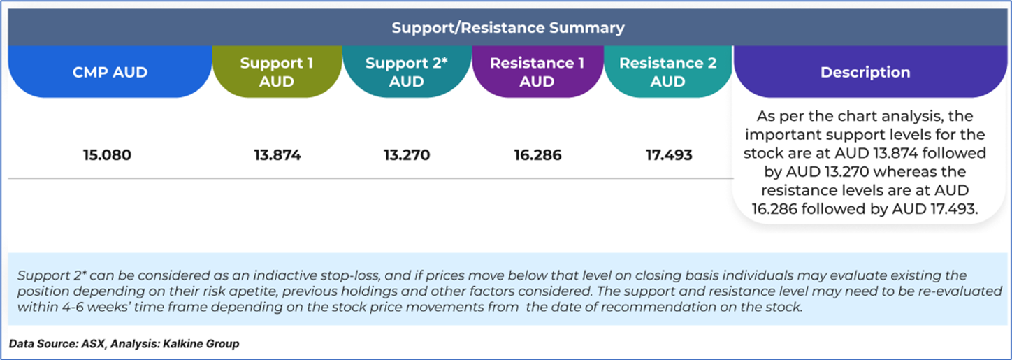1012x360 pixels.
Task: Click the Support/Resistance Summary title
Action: coord(508,27)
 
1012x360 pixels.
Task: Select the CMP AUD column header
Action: coord(110,72)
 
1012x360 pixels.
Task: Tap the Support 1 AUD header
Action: coord(277,72)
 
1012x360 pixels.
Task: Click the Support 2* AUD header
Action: coord(407,72)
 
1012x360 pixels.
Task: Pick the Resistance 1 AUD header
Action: coord(537,72)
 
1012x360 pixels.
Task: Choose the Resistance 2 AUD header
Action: coord(667,72)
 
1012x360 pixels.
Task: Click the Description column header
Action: coord(865,72)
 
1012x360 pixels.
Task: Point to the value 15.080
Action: coord(107,155)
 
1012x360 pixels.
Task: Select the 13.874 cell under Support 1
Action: coord(277,155)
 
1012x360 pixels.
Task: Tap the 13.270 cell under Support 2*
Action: coord(407,155)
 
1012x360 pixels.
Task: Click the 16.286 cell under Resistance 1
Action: coord(537,155)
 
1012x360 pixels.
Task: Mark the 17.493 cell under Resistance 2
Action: coord(669,155)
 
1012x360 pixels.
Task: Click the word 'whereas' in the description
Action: coord(904,172)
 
